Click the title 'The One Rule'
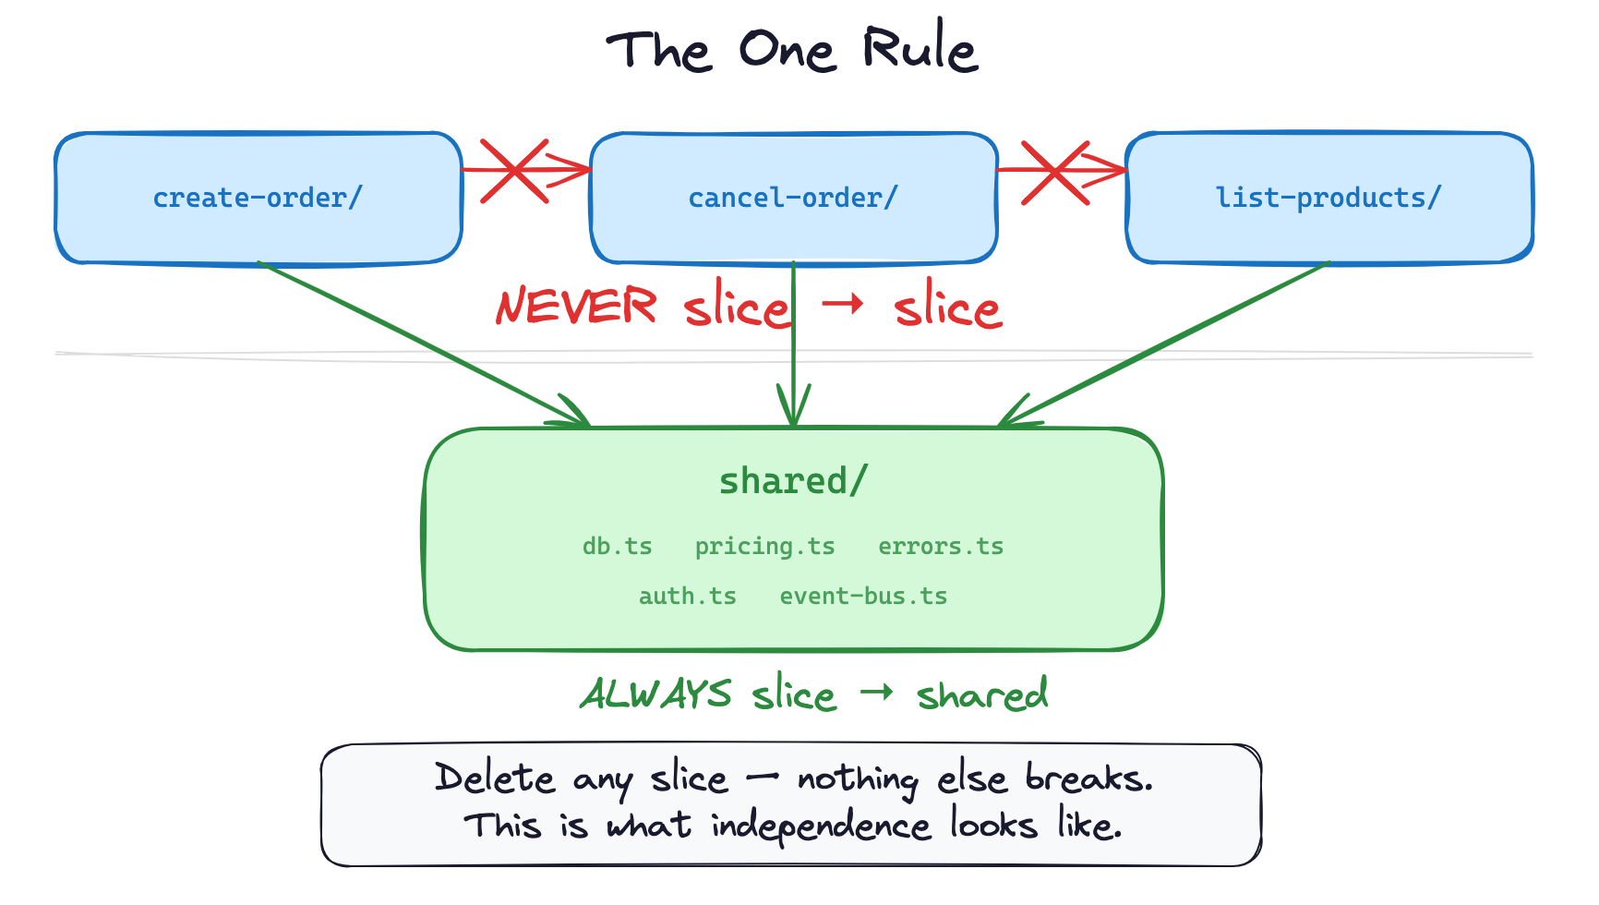[x=792, y=50]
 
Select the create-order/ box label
[x=258, y=198]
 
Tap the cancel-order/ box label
[x=793, y=198]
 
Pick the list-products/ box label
[x=1328, y=198]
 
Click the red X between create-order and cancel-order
[x=515, y=171]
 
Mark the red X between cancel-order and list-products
[x=1054, y=172]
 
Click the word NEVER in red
[x=576, y=307]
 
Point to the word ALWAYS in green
[x=655, y=694]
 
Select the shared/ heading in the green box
[x=793, y=481]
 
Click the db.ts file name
[x=617, y=547]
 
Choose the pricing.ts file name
[x=764, y=547]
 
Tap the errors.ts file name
[x=940, y=547]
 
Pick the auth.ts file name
[x=687, y=597]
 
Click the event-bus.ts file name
[x=863, y=597]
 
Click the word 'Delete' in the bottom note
[x=494, y=778]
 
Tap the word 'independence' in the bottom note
[x=821, y=826]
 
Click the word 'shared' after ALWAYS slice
[x=982, y=694]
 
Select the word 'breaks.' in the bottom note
[x=1089, y=778]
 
